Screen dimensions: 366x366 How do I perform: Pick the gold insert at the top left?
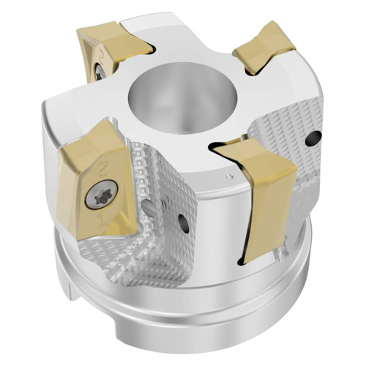[x=117, y=44]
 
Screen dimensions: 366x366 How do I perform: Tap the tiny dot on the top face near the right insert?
[x=231, y=176]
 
